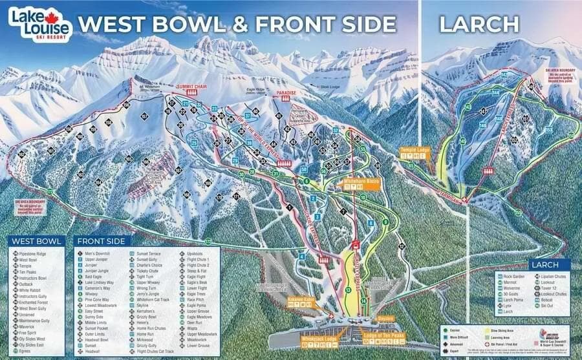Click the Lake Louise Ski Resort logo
pos(38,23)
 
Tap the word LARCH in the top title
pos(479,24)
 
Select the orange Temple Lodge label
pos(415,150)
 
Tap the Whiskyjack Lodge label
pos(316,338)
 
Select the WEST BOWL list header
pos(37,241)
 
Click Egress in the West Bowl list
pos(26,352)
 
